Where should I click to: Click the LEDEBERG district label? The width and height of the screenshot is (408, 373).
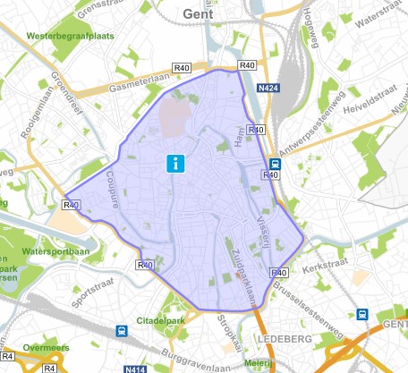(284, 340)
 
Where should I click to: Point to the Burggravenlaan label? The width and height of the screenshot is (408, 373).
(193, 356)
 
